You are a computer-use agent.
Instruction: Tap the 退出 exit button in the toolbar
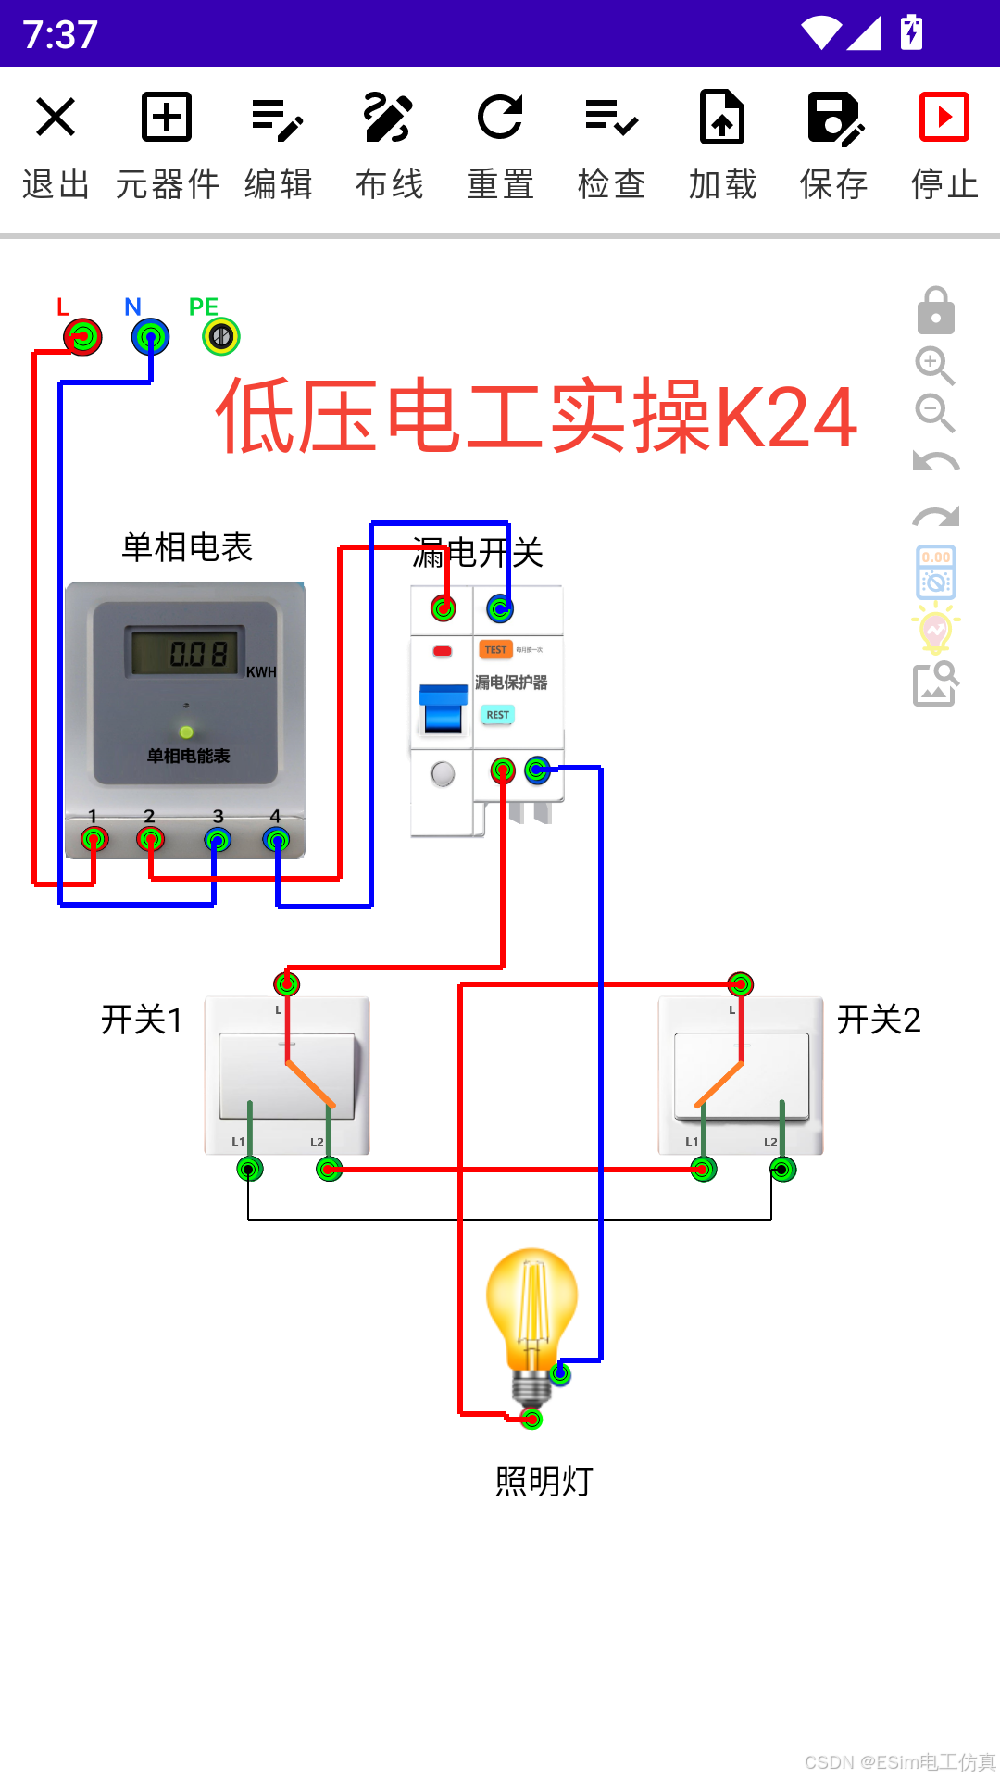[x=56, y=144]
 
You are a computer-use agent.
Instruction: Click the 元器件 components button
[x=167, y=144]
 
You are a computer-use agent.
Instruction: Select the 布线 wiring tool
[x=389, y=144]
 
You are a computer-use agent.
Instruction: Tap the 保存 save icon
[x=834, y=144]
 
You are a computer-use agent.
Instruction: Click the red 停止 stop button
[x=944, y=144]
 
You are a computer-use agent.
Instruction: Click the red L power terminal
[x=83, y=337]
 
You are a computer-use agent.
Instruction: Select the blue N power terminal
[x=150, y=337]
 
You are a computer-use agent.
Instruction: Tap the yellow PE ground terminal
[x=221, y=336]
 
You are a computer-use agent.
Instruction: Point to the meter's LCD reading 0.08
[x=185, y=653]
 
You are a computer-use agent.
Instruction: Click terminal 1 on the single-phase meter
[x=94, y=840]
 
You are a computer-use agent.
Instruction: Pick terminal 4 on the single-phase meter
[x=276, y=840]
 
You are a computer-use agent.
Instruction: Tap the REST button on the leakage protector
[x=497, y=715]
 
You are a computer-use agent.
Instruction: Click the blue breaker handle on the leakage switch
[x=444, y=708]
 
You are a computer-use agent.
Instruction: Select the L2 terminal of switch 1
[x=329, y=1170]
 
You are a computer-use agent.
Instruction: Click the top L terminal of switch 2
[x=740, y=983]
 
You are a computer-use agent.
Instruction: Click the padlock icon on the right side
[x=936, y=311]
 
